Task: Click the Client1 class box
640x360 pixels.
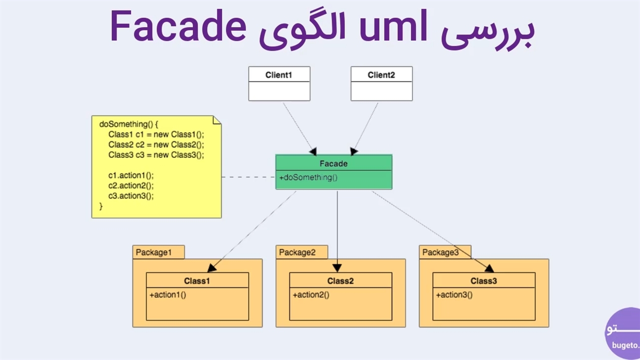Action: pos(279,83)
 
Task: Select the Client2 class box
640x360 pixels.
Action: pos(381,83)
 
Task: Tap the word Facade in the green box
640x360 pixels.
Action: pos(333,163)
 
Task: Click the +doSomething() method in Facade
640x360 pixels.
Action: pos(308,177)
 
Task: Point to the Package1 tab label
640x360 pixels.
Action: pos(153,252)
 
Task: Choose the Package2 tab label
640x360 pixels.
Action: pos(297,252)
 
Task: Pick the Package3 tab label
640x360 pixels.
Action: pos(440,252)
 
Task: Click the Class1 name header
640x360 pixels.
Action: pos(197,281)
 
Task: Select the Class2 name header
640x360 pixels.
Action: pos(340,281)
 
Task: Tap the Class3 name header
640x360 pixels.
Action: pos(483,281)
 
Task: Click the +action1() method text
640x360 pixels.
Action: pos(167,295)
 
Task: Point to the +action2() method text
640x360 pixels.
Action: pos(311,295)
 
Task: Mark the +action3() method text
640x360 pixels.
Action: pos(454,295)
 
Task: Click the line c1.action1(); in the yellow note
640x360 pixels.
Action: pos(131,175)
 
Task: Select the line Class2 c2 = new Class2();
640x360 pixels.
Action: pos(156,144)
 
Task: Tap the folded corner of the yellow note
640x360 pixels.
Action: pos(217,120)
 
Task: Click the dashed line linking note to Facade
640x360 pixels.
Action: pos(248,177)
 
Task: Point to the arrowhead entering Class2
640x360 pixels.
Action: pos(337,268)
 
